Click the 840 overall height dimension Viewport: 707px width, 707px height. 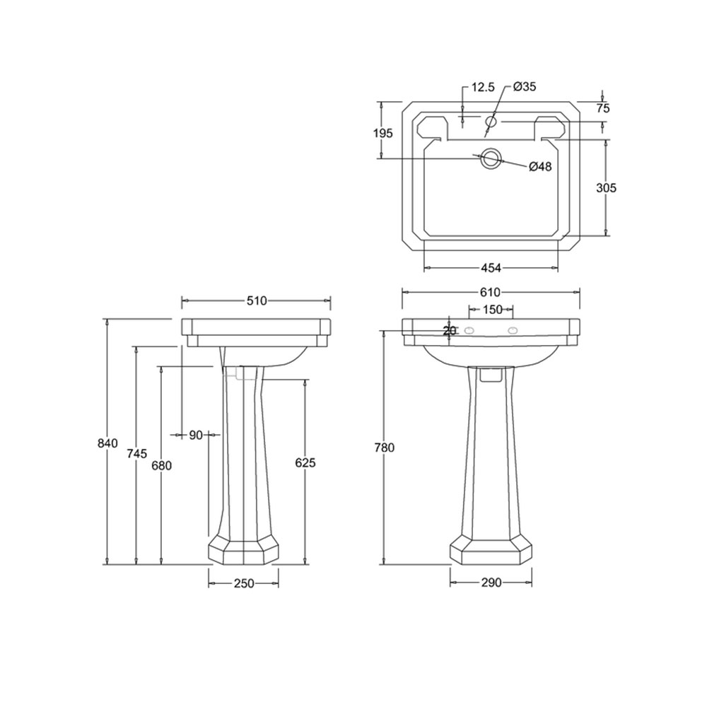pos(107,443)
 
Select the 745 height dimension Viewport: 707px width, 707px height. pos(137,454)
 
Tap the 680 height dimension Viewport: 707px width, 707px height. pos(161,465)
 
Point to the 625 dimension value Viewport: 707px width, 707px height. pos(305,462)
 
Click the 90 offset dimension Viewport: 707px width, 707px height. pos(196,435)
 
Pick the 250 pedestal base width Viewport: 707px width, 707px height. pos(244,583)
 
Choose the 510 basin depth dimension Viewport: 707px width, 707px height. pos(257,300)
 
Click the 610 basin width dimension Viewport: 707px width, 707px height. pos(490,293)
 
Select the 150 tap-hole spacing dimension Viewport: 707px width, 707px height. pos(492,310)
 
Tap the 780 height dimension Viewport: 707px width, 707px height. pos(384,448)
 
